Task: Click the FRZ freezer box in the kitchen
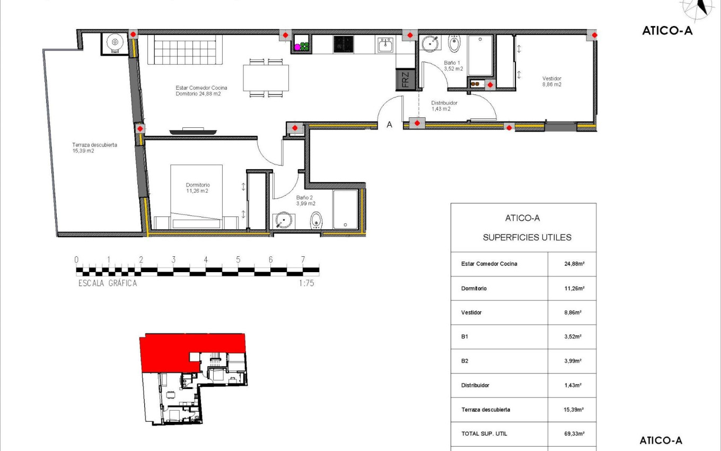(405, 80)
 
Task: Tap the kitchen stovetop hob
(344, 44)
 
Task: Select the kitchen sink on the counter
(385, 45)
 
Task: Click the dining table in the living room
(266, 78)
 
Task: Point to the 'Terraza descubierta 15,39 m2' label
(95, 148)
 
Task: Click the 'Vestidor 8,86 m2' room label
(551, 81)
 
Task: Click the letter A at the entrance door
(389, 125)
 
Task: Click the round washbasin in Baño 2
(284, 220)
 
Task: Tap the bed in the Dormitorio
(196, 196)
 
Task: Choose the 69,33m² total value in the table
(574, 433)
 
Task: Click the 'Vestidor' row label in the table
(471, 313)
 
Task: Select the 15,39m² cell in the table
(574, 410)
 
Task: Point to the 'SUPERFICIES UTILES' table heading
(527, 238)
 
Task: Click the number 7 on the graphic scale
(303, 259)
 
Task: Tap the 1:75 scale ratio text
(307, 283)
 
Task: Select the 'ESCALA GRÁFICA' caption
(108, 283)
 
